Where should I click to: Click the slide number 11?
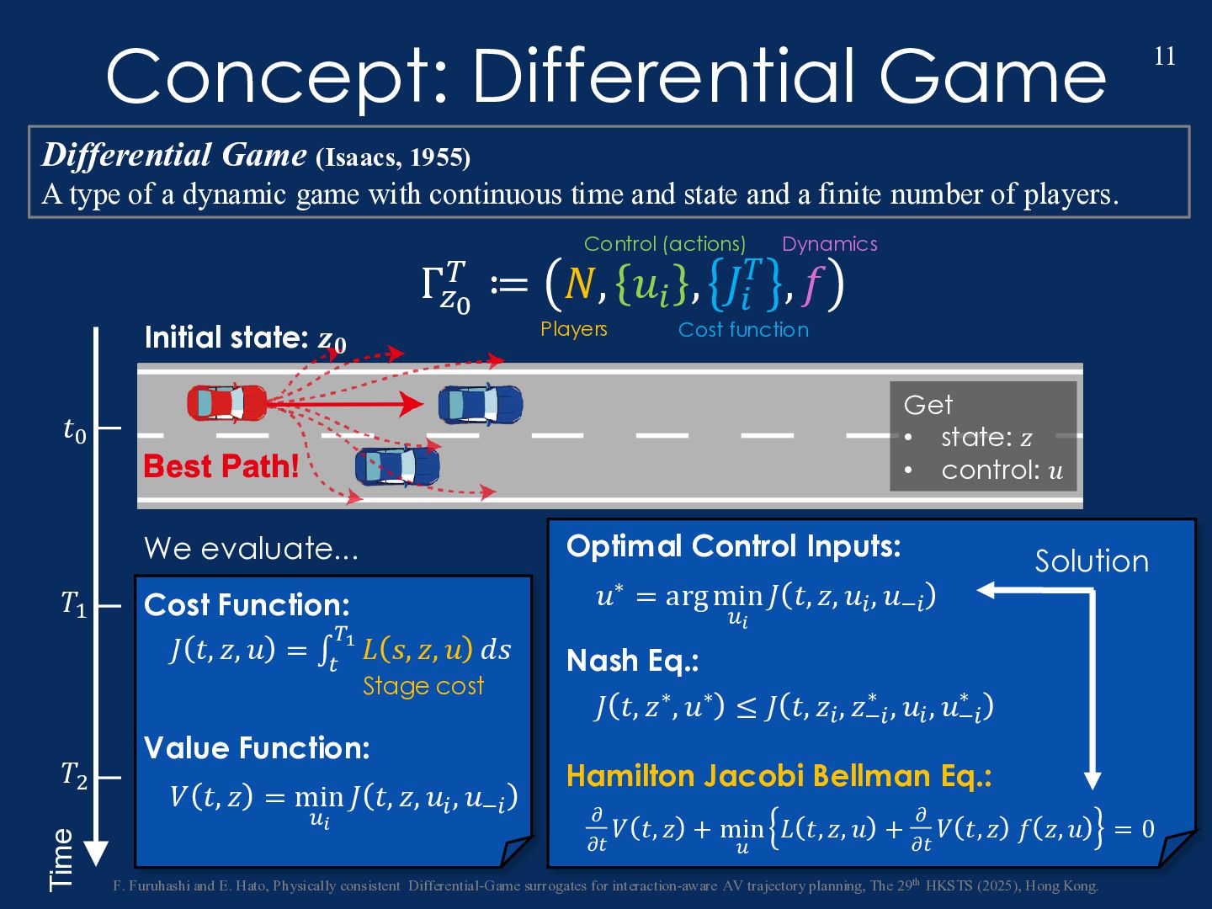click(1164, 56)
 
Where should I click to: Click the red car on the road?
click(226, 403)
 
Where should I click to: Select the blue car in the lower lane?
click(396, 466)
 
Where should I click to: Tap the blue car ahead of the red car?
click(480, 404)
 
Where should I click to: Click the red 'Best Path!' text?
click(221, 466)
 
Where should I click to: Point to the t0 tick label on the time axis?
click(75, 430)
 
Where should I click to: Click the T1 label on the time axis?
click(73, 604)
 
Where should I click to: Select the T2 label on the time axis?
click(73, 774)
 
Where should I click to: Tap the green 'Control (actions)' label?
click(665, 244)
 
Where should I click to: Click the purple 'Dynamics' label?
click(829, 244)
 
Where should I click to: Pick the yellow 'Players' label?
click(574, 329)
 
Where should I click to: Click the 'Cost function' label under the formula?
click(743, 330)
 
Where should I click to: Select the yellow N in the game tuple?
click(579, 284)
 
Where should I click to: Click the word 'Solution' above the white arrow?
click(1092, 561)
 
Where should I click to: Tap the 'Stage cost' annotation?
click(423, 686)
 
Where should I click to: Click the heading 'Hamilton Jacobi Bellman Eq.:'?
click(779, 775)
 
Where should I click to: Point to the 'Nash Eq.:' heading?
click(632, 661)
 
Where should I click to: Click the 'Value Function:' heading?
click(257, 748)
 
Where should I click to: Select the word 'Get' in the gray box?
click(928, 405)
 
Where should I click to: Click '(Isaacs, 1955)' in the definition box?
click(393, 157)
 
